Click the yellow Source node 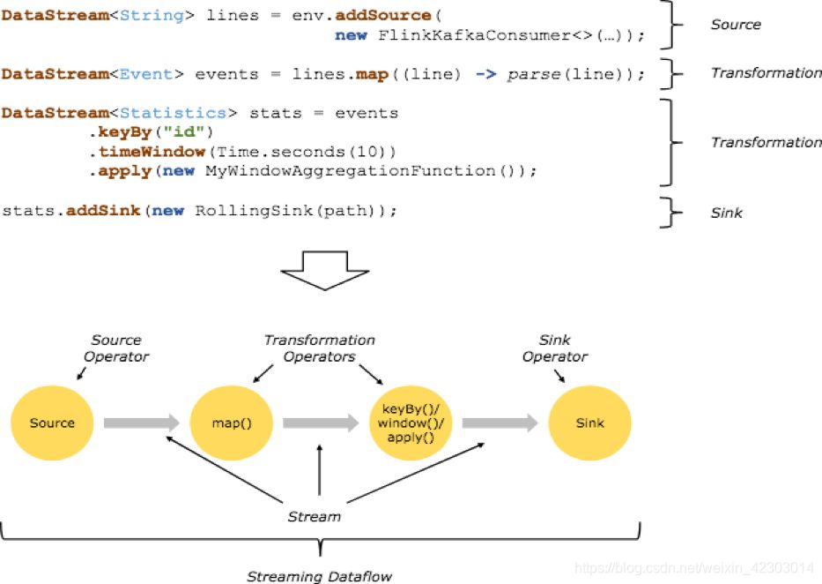click(x=52, y=423)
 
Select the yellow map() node click(x=232, y=423)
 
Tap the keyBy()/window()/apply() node click(x=411, y=423)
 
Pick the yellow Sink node click(x=589, y=423)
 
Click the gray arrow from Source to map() click(x=141, y=423)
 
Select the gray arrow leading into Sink click(x=500, y=423)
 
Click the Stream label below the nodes click(x=314, y=516)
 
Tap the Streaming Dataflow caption click(x=319, y=576)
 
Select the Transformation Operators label click(x=319, y=348)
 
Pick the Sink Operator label click(x=554, y=348)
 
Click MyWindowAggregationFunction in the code click(x=350, y=170)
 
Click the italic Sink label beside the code click(x=726, y=213)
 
